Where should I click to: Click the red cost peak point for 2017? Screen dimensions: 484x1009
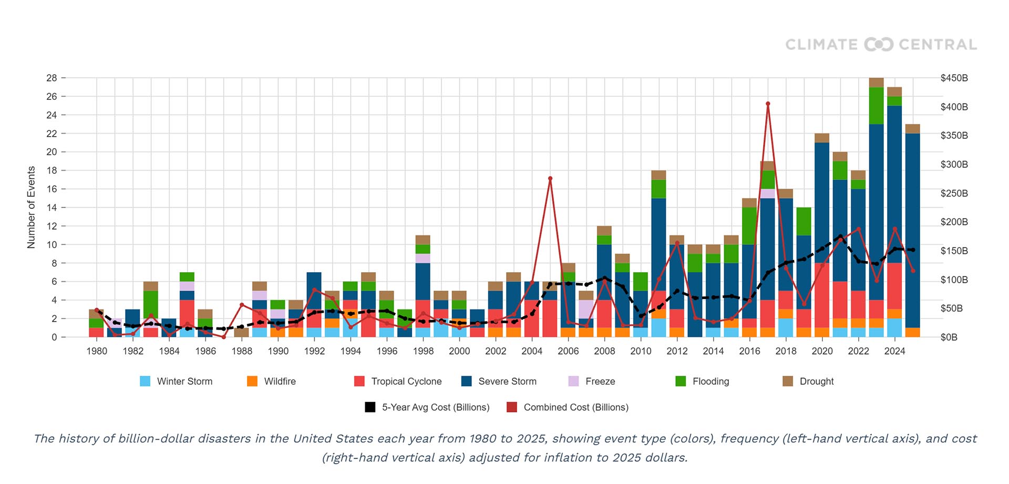[x=768, y=104]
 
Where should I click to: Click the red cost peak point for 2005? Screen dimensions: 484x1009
[x=550, y=179]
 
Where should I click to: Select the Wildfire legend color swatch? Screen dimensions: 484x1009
[x=252, y=381]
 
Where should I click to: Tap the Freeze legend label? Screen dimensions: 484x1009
[x=600, y=381]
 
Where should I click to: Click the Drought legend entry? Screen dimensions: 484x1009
[x=816, y=381]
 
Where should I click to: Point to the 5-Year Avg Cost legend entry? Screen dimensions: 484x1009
[x=435, y=407]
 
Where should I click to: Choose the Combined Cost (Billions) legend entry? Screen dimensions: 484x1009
[x=575, y=407]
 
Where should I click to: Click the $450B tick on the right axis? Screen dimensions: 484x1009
[x=954, y=78]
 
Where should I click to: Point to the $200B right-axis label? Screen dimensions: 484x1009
[x=954, y=222]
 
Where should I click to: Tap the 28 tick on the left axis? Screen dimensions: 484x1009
[x=52, y=78]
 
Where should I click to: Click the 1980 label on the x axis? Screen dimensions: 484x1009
[x=97, y=351]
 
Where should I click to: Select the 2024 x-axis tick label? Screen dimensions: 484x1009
[x=894, y=351]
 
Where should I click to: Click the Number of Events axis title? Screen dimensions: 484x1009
[x=32, y=207]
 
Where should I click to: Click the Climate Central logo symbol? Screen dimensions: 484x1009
[x=879, y=45]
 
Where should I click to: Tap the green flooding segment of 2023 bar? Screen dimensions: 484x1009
[x=876, y=105]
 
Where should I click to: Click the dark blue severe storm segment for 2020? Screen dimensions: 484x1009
[x=822, y=202]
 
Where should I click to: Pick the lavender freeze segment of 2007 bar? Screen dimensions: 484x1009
[x=586, y=309]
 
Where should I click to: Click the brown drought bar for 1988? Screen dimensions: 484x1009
[x=242, y=332]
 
